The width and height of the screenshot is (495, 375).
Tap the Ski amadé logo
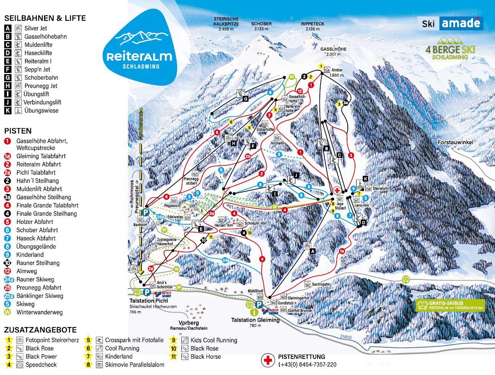pyautogui.click(x=451, y=23)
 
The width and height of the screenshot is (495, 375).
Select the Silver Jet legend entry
pyautogui.click(x=35, y=28)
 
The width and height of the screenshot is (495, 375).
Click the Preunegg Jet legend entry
pyautogui.click(x=40, y=86)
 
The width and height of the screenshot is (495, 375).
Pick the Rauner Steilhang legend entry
pyautogui.click(x=38, y=263)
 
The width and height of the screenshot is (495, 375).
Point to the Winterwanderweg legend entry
pyautogui.click(x=39, y=312)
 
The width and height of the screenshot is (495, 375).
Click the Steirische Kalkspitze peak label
pyautogui.click(x=226, y=24)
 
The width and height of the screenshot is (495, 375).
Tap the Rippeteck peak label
pyautogui.click(x=312, y=26)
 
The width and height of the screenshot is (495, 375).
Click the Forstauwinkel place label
pyautogui.click(x=456, y=142)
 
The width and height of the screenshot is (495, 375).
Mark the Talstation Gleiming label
pyautogui.click(x=255, y=320)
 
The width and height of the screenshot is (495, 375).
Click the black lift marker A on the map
pyautogui.click(x=312, y=251)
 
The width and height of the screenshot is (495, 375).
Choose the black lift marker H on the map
pyautogui.click(x=233, y=143)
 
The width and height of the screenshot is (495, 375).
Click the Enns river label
pyautogui.click(x=345, y=337)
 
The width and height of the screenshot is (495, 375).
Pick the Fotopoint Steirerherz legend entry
pyautogui.click(x=52, y=340)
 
